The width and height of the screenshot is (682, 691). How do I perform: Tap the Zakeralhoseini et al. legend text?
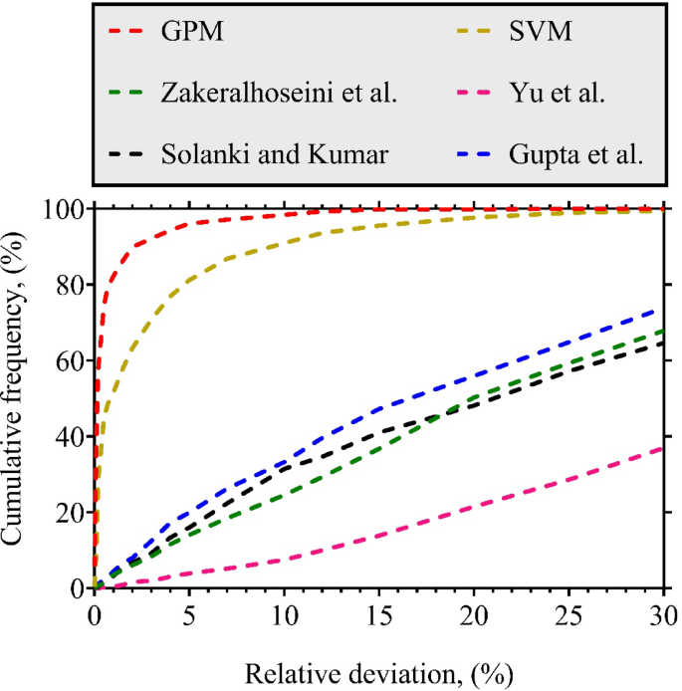[279, 96]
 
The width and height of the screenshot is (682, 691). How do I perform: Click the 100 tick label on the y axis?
[67, 209]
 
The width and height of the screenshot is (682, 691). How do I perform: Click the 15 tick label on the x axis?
[378, 608]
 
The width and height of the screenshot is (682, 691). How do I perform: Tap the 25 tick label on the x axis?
[568, 608]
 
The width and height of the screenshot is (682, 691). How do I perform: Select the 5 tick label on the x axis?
[189, 608]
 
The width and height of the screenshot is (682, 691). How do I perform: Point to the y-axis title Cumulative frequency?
[19, 397]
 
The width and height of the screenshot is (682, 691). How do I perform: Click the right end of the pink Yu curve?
[663, 448]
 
